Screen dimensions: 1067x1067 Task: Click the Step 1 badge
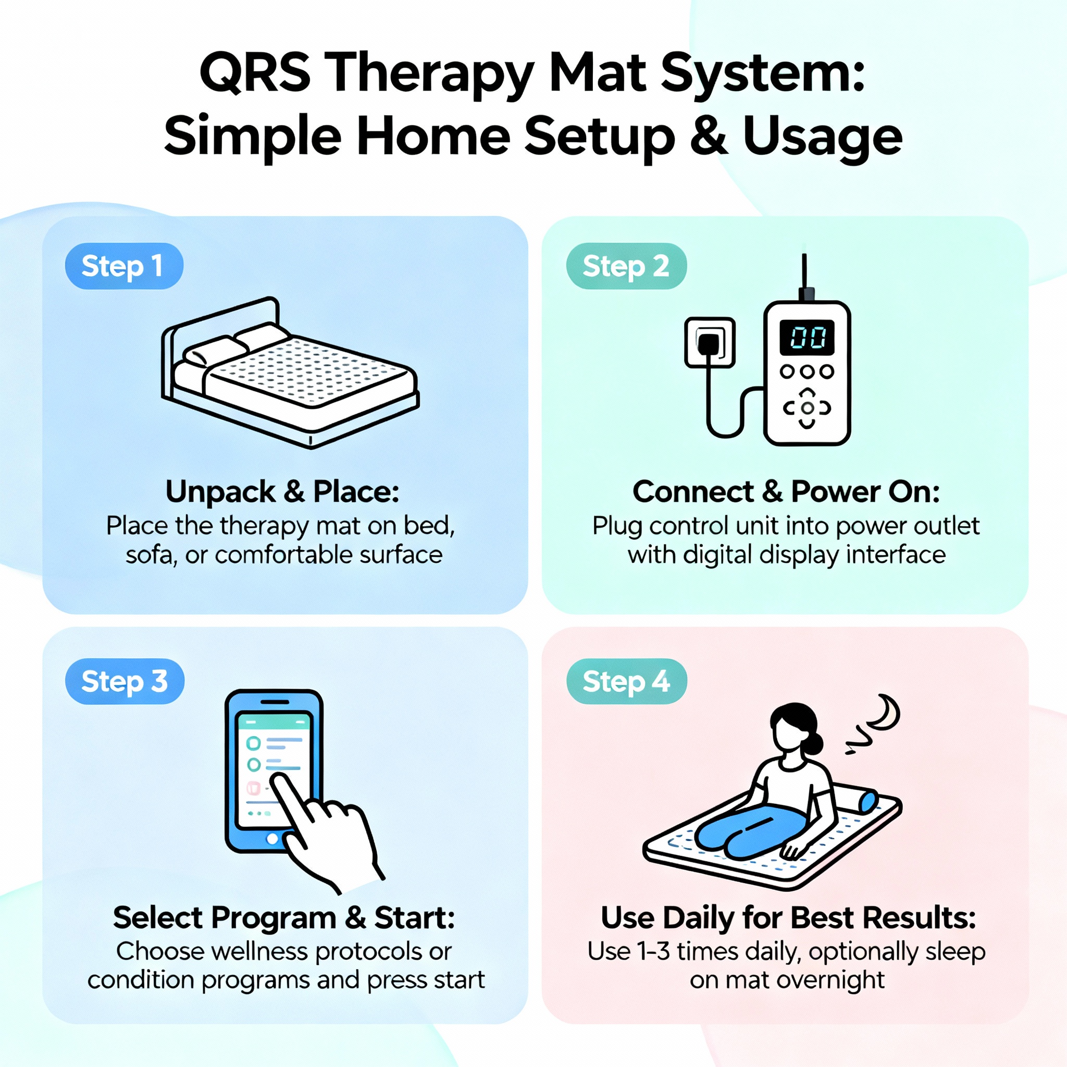point(123,266)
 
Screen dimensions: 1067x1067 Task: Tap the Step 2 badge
point(626,266)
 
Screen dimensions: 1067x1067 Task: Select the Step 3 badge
point(125,681)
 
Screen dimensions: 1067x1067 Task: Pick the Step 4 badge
point(626,681)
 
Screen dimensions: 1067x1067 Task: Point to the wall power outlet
point(709,342)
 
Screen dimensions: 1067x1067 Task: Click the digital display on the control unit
point(807,337)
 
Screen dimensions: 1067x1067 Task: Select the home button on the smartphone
point(272,839)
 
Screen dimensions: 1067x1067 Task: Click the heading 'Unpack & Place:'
point(282,491)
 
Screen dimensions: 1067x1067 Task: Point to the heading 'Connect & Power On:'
point(786,491)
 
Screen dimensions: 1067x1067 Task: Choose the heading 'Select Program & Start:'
point(284,917)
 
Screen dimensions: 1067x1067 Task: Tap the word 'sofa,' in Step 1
point(151,554)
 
